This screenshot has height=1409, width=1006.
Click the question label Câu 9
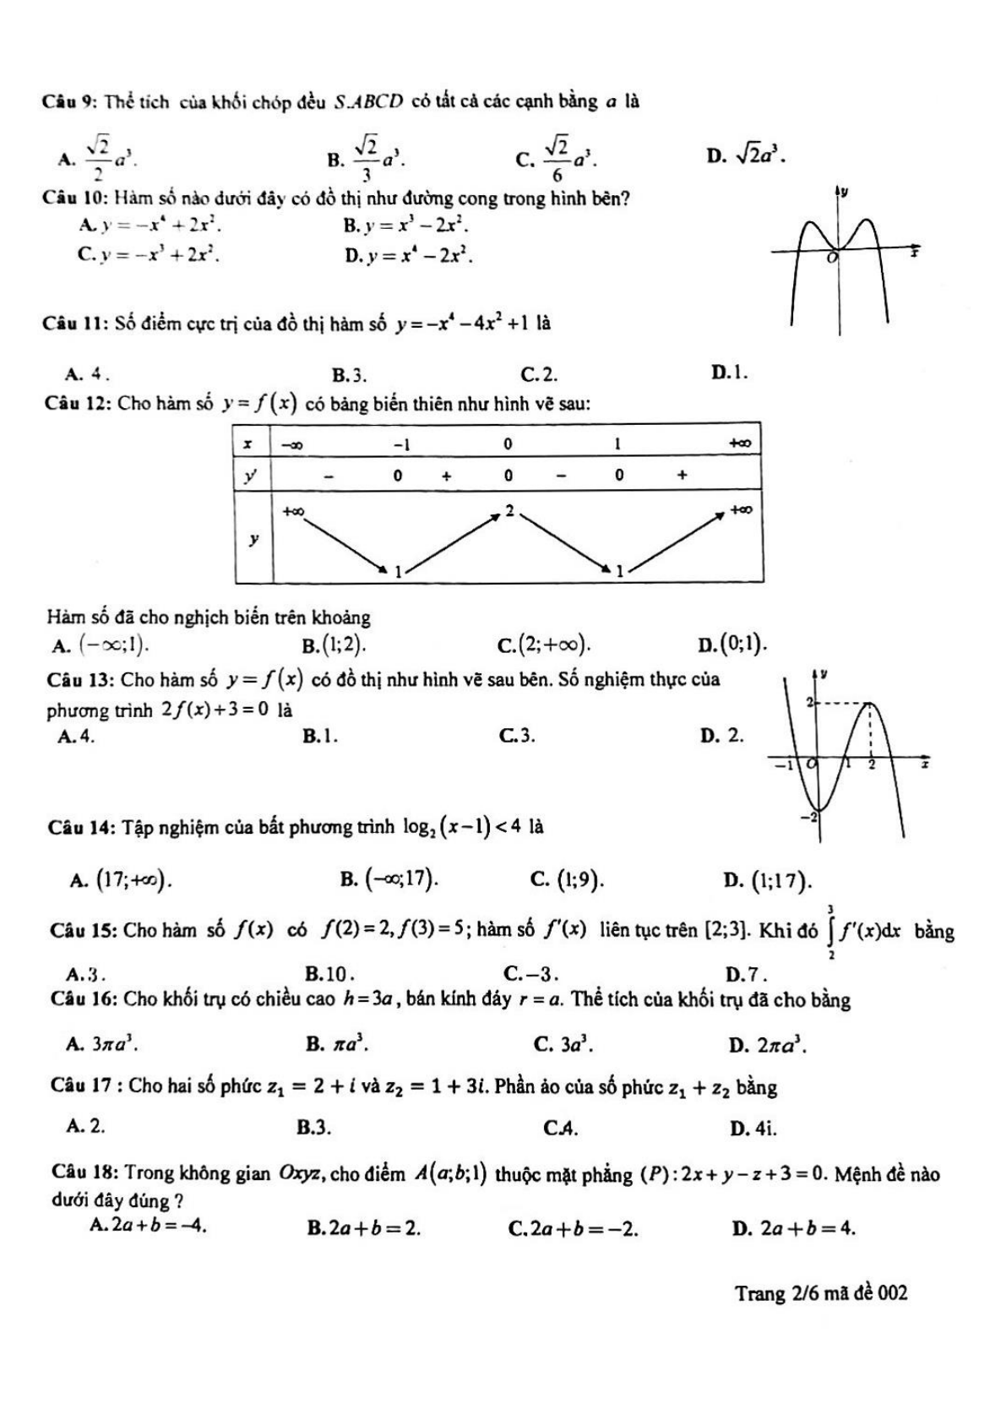click(x=72, y=102)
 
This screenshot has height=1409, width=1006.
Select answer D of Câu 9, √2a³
click(x=747, y=155)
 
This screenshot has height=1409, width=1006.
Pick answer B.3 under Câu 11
click(x=349, y=374)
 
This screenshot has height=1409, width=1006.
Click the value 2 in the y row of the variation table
click(x=508, y=511)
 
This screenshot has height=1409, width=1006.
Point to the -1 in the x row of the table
click(x=401, y=443)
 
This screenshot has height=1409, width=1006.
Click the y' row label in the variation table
click(x=250, y=475)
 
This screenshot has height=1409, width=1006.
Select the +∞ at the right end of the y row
click(x=741, y=509)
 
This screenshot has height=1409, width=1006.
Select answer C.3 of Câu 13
click(x=517, y=736)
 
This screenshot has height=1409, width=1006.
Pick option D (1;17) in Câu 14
click(x=769, y=880)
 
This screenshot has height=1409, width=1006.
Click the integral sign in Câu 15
click(x=833, y=933)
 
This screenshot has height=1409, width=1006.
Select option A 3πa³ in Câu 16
click(x=102, y=1044)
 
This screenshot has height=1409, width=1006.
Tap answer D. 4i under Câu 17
click(x=753, y=1128)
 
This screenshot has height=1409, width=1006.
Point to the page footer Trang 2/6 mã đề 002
click(x=821, y=1292)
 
